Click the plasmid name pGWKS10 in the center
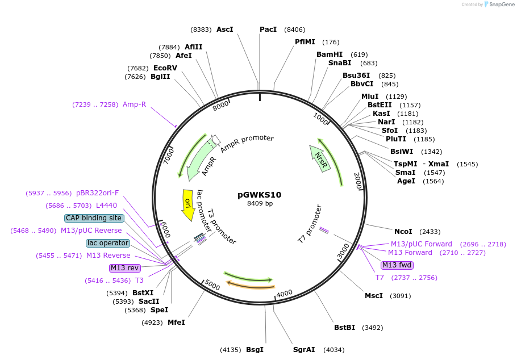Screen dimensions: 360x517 tap(259, 195)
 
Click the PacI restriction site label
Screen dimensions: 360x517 tap(268, 30)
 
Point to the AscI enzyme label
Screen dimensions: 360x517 tap(225, 30)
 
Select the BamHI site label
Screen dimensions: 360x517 tap(330, 55)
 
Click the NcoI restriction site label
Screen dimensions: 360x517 tap(403, 231)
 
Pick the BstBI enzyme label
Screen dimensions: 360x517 tap(344, 327)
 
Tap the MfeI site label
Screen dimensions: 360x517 tap(176, 323)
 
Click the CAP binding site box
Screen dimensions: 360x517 tap(94, 218)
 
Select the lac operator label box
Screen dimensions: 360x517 tap(108, 243)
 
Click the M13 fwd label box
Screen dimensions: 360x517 tap(397, 265)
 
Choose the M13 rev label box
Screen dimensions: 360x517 tap(124, 268)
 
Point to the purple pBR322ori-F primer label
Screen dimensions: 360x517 tap(97, 193)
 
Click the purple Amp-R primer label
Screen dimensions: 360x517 tap(134, 104)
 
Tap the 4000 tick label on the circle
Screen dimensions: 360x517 tap(284, 293)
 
